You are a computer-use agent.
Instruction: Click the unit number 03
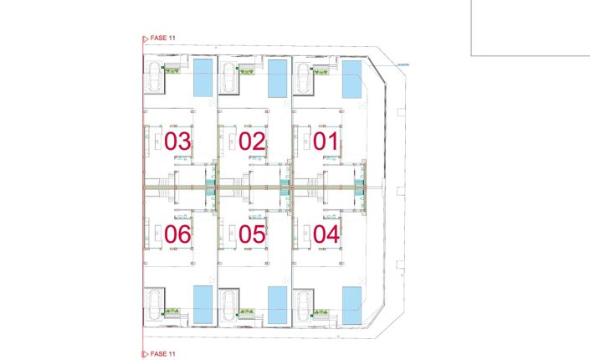tap(177, 141)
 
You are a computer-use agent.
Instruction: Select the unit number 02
tap(251, 141)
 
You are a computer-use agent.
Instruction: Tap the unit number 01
tap(325, 141)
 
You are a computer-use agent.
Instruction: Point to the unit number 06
tap(177, 234)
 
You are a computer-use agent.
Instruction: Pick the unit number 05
tap(251, 234)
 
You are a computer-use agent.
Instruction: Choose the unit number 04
tap(325, 234)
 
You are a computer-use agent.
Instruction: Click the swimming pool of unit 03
tap(203, 77)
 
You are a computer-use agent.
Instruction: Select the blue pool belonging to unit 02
tap(277, 77)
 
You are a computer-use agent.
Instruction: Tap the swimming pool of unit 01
tap(351, 77)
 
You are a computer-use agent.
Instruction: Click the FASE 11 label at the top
tap(163, 38)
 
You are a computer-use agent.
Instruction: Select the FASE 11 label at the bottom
tap(163, 354)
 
